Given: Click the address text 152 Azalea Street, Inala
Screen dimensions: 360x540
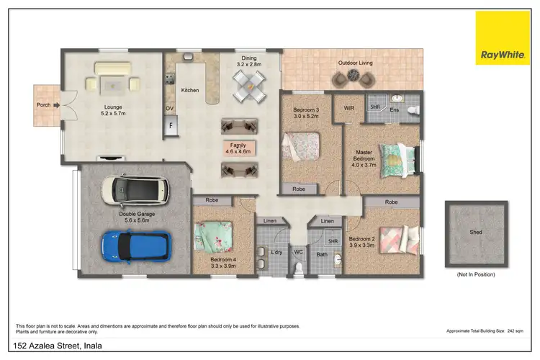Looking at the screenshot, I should (58, 346).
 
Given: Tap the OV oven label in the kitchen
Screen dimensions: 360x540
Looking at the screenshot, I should (170, 109).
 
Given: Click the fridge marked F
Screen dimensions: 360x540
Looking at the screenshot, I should (171, 125).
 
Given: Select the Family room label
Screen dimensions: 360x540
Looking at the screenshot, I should (238, 145).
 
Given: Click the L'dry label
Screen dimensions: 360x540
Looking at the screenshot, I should (276, 252).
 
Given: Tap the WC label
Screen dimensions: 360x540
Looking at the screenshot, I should (298, 252).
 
